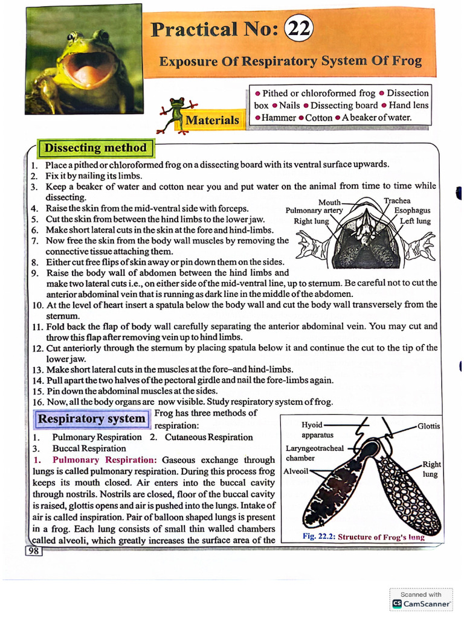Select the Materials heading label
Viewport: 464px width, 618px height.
coord(212,120)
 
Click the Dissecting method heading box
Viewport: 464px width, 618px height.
coord(96,148)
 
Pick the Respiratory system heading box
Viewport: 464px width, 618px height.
coord(92,418)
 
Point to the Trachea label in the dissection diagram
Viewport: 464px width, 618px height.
coord(397,201)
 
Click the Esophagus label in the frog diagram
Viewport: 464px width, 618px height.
coord(412,211)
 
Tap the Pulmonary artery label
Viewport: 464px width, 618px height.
coord(314,211)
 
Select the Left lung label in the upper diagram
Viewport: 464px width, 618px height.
coord(415,221)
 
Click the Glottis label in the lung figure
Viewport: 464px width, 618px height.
coord(428,426)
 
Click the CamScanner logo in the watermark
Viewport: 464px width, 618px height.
coord(397,603)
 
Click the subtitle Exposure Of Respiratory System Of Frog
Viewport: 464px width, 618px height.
coord(290,62)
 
